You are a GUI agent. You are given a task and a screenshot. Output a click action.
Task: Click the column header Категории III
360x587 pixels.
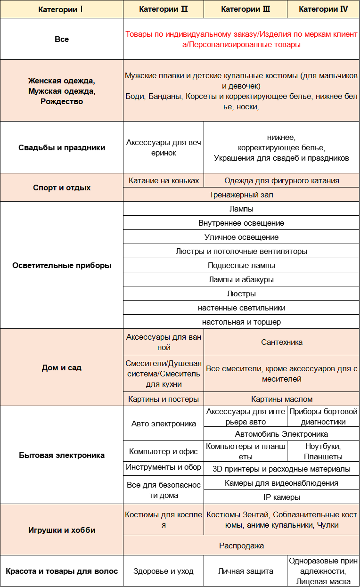click(x=245, y=9)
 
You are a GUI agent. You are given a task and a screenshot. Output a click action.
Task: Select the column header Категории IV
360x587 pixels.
click(x=323, y=9)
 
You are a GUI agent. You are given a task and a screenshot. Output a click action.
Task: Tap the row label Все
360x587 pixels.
click(x=62, y=39)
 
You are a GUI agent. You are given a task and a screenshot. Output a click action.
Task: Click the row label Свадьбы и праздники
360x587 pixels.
click(x=62, y=147)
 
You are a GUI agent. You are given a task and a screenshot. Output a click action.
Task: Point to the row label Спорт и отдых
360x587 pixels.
click(x=62, y=188)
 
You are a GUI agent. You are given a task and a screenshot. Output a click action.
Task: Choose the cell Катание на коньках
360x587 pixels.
click(x=164, y=180)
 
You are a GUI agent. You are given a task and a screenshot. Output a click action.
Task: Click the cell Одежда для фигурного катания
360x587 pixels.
click(x=282, y=180)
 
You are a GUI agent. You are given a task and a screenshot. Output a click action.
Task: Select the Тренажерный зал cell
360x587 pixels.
click(x=241, y=195)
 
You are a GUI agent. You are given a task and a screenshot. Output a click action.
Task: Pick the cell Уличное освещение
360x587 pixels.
click(x=241, y=237)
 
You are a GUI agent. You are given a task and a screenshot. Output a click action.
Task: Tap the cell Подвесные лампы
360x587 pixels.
click(x=241, y=265)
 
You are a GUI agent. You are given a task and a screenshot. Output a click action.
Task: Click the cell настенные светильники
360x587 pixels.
click(x=241, y=308)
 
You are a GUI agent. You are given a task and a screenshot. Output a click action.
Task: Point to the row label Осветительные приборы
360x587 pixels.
click(x=62, y=265)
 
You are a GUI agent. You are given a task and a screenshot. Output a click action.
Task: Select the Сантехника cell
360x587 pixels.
click(x=282, y=342)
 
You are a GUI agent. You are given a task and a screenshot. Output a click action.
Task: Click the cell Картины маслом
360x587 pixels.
click(x=282, y=399)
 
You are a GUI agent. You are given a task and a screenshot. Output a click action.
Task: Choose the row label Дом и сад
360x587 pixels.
click(x=62, y=367)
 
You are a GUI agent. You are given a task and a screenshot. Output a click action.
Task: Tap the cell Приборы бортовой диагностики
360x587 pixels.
click(x=323, y=416)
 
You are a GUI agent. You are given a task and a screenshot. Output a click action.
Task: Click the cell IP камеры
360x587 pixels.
click(x=282, y=497)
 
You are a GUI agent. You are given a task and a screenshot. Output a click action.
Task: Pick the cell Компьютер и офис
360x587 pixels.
click(x=164, y=451)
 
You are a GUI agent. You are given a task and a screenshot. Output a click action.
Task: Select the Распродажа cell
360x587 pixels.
click(x=241, y=546)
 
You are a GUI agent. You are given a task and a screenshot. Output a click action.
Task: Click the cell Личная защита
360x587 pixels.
click(x=245, y=571)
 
